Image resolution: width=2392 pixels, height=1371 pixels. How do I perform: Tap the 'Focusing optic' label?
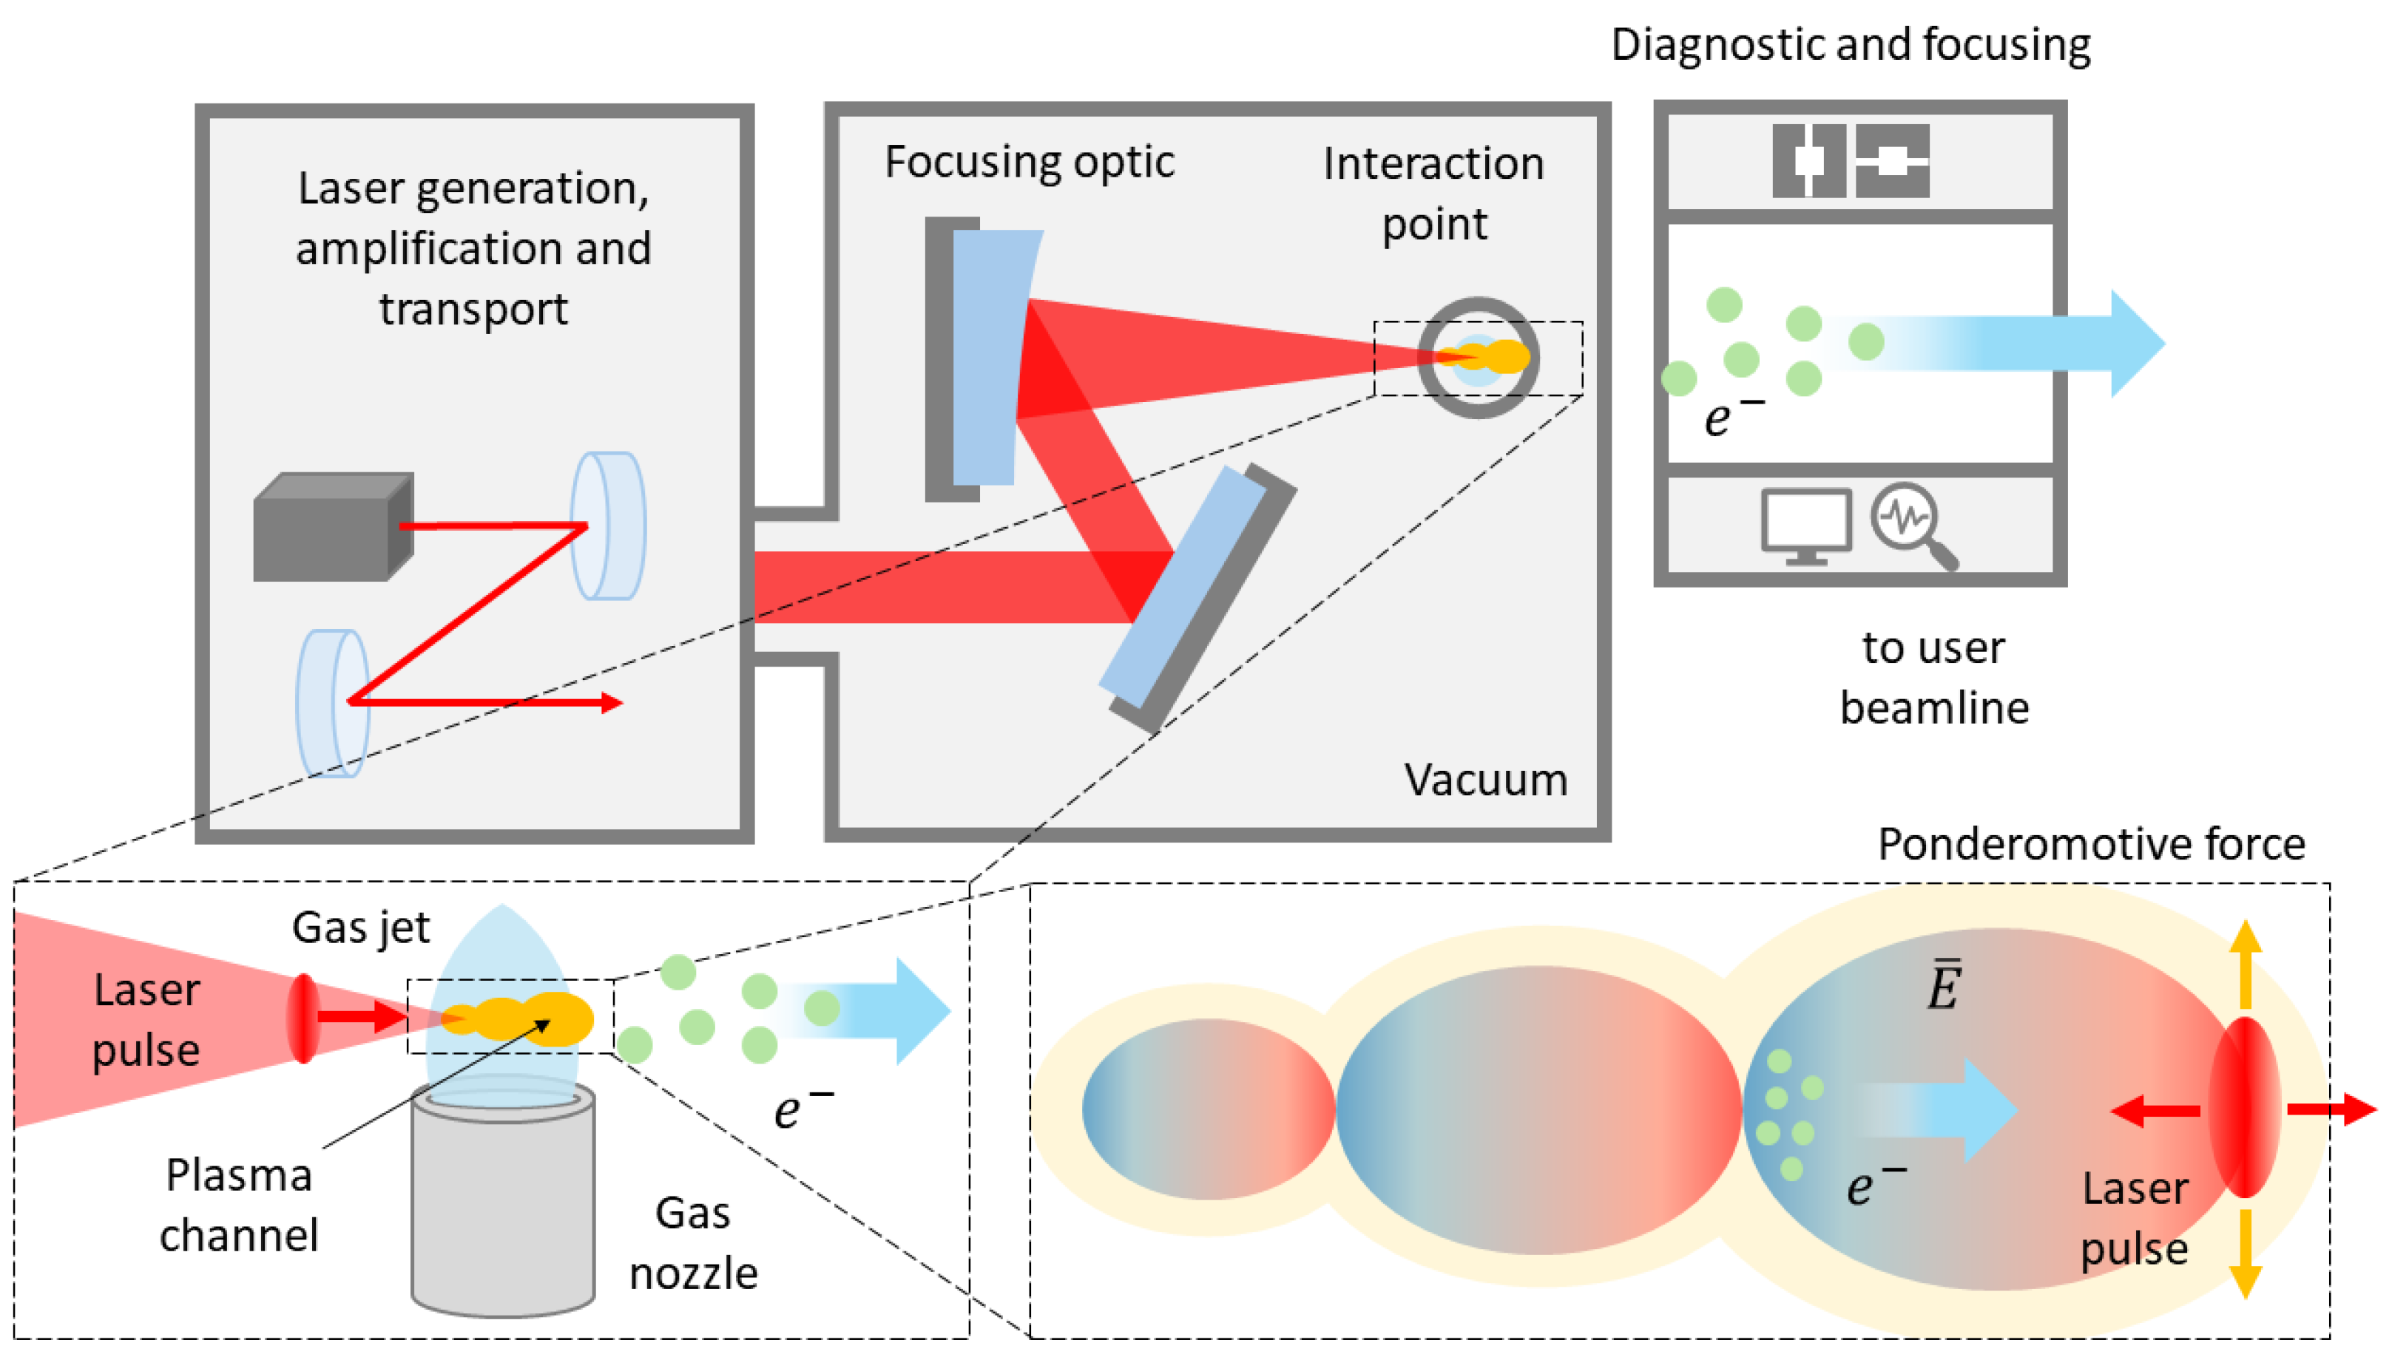coord(1029,162)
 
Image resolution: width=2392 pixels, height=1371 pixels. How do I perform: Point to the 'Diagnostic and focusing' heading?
coord(1851,44)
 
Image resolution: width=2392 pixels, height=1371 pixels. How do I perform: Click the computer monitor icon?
coord(1805,525)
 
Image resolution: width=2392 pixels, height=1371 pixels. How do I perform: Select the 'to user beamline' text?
coord(1933,677)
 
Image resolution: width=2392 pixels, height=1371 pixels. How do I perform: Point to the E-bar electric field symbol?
coord(1942,985)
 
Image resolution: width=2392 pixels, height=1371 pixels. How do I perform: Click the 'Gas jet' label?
coord(360,928)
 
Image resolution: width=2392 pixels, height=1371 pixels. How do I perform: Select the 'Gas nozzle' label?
coord(692,1243)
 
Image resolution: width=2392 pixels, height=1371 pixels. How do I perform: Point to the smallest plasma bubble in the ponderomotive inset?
coord(1207,1109)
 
